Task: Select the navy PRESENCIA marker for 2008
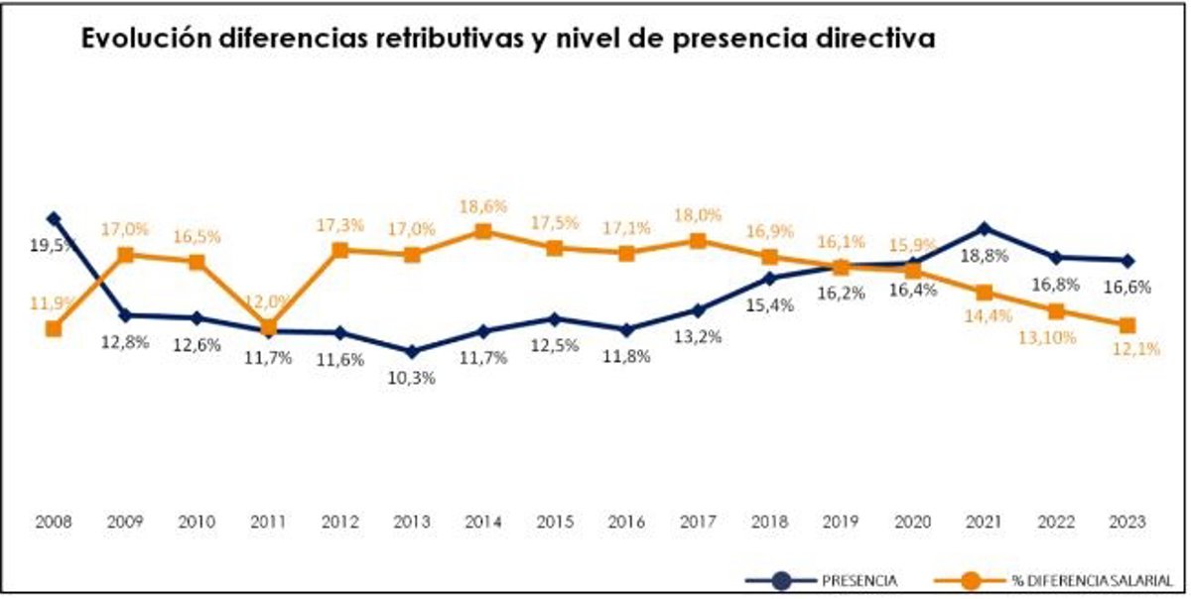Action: (x=54, y=218)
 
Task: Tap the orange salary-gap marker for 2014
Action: (x=483, y=231)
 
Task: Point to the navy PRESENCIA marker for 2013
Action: (x=412, y=351)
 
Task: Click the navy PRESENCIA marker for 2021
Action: (x=984, y=228)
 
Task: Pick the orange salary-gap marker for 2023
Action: (x=1126, y=325)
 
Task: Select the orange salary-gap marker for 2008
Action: (x=54, y=328)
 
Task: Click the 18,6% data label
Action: (x=483, y=206)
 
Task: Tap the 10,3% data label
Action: (x=412, y=377)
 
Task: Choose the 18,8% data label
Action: (x=984, y=256)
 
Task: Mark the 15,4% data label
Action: (x=769, y=305)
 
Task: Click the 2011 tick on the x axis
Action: (x=268, y=522)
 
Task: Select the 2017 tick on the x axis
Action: (x=698, y=522)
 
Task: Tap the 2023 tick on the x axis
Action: (x=1126, y=522)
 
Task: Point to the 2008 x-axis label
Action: (x=54, y=522)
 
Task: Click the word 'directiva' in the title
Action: (x=873, y=39)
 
